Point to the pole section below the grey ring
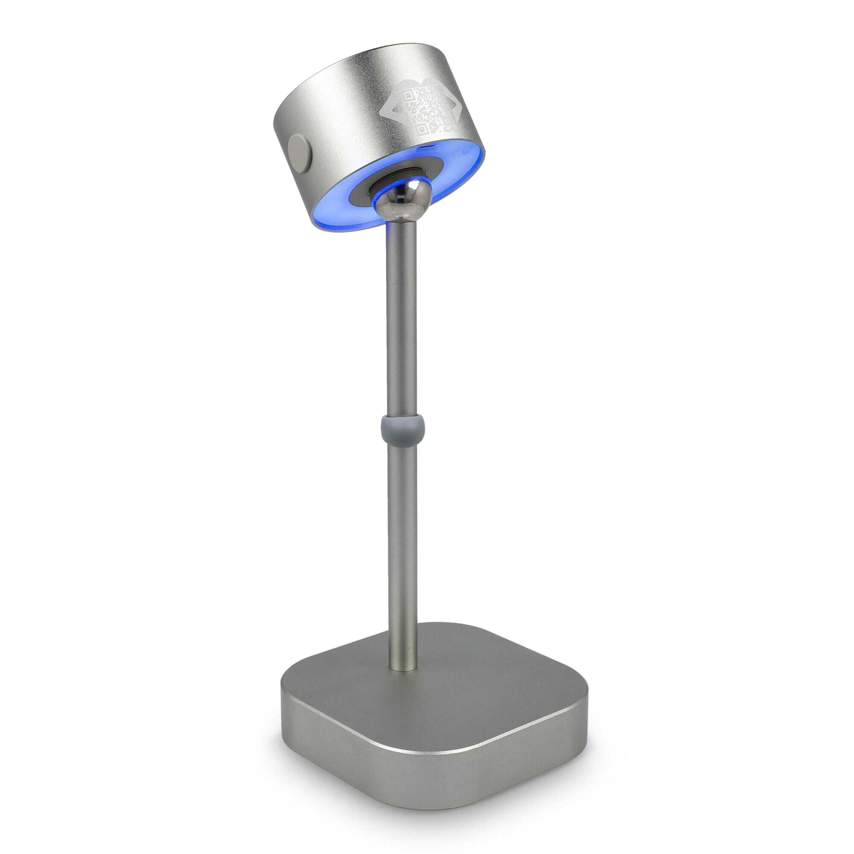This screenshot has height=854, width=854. [x=402, y=530]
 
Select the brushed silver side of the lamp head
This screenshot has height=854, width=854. [x=336, y=111]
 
